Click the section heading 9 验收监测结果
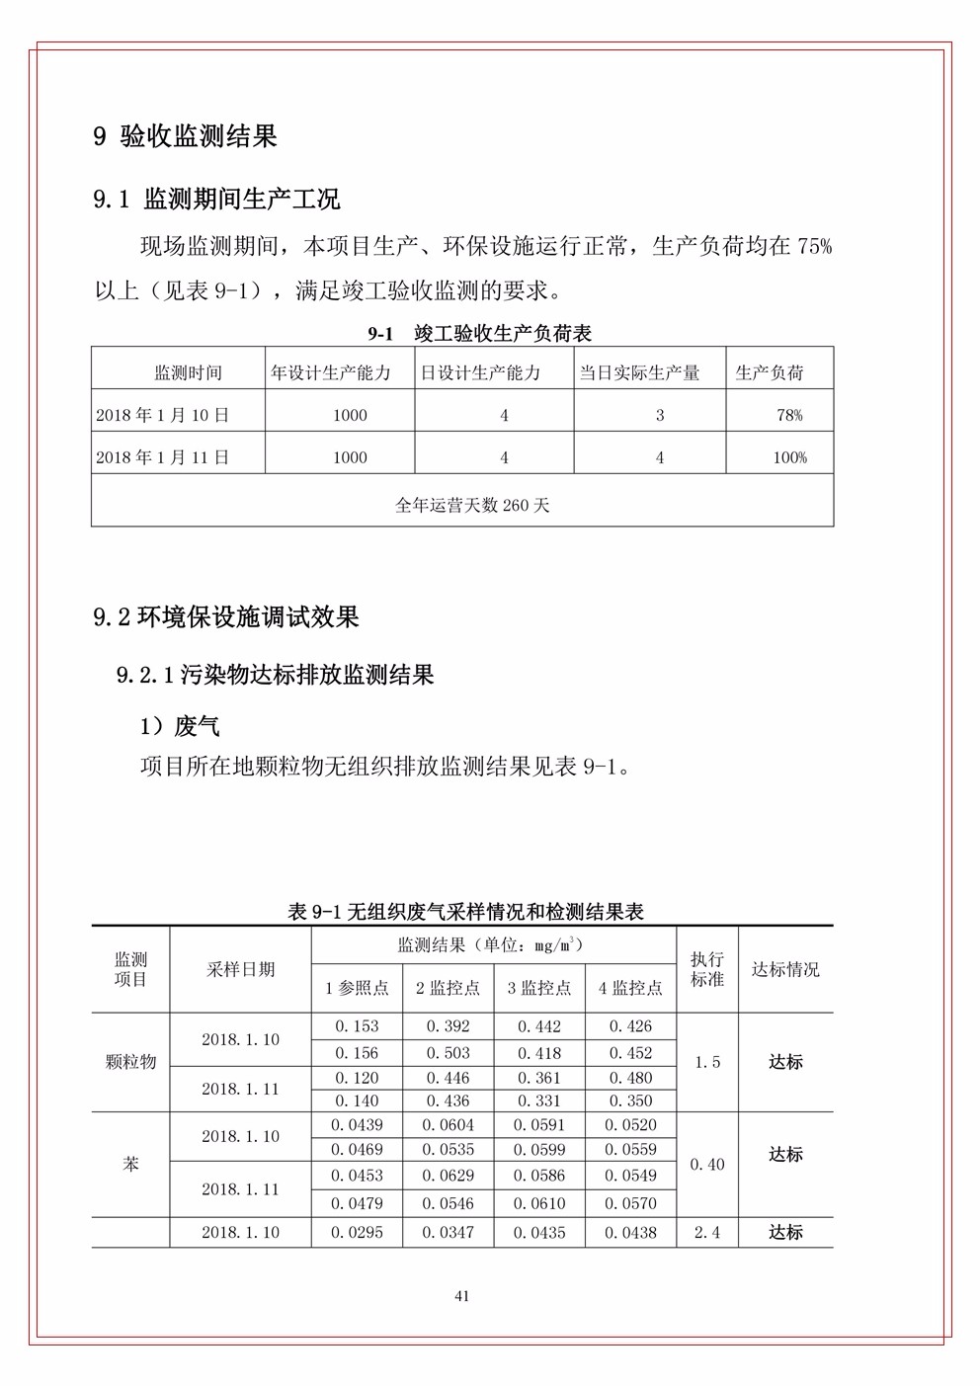pyautogui.click(x=185, y=136)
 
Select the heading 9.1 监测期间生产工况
pyautogui.click(x=216, y=199)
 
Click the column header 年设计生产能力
pyautogui.click(x=331, y=372)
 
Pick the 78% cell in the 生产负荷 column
pyautogui.click(x=789, y=415)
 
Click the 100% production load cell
pyautogui.click(x=789, y=457)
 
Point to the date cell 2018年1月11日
pyautogui.click(x=163, y=457)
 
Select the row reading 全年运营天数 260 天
pyautogui.click(x=472, y=505)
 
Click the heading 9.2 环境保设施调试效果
pyautogui.click(x=226, y=617)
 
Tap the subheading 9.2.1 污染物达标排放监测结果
pyautogui.click(x=275, y=675)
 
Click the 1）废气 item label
pyautogui.click(x=180, y=726)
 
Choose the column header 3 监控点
pyautogui.click(x=539, y=988)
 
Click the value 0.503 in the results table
pyautogui.click(x=449, y=1053)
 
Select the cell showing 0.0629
pyautogui.click(x=449, y=1176)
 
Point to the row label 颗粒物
pyautogui.click(x=130, y=1062)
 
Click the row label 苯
pyautogui.click(x=130, y=1165)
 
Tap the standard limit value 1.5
pyautogui.click(x=707, y=1062)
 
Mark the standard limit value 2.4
pyautogui.click(x=707, y=1232)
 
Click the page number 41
pyautogui.click(x=461, y=1296)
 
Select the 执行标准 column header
pyautogui.click(x=707, y=969)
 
